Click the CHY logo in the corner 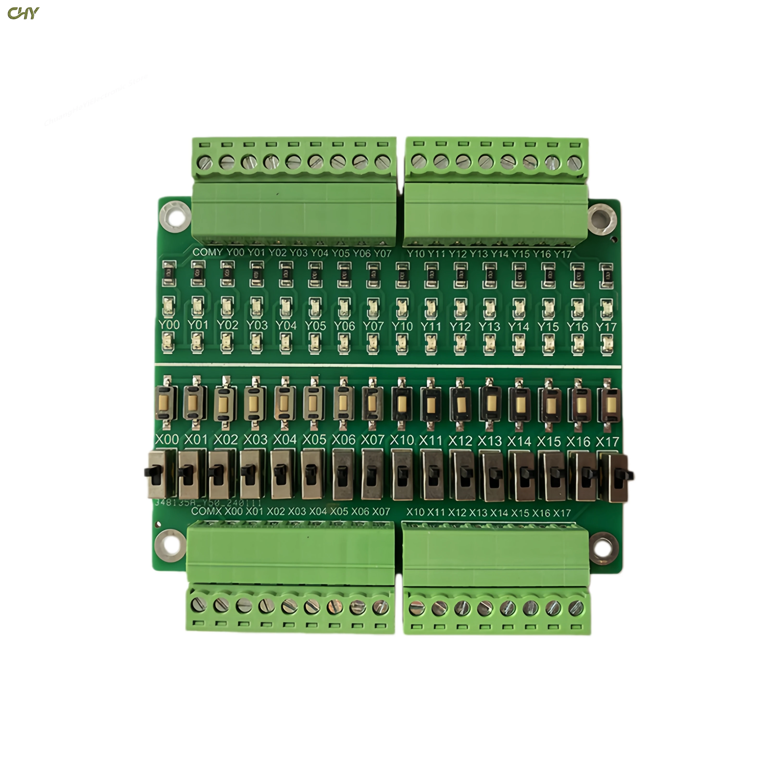click(23, 13)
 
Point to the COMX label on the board click(206, 511)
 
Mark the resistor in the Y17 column click(606, 275)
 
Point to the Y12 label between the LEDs click(460, 326)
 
